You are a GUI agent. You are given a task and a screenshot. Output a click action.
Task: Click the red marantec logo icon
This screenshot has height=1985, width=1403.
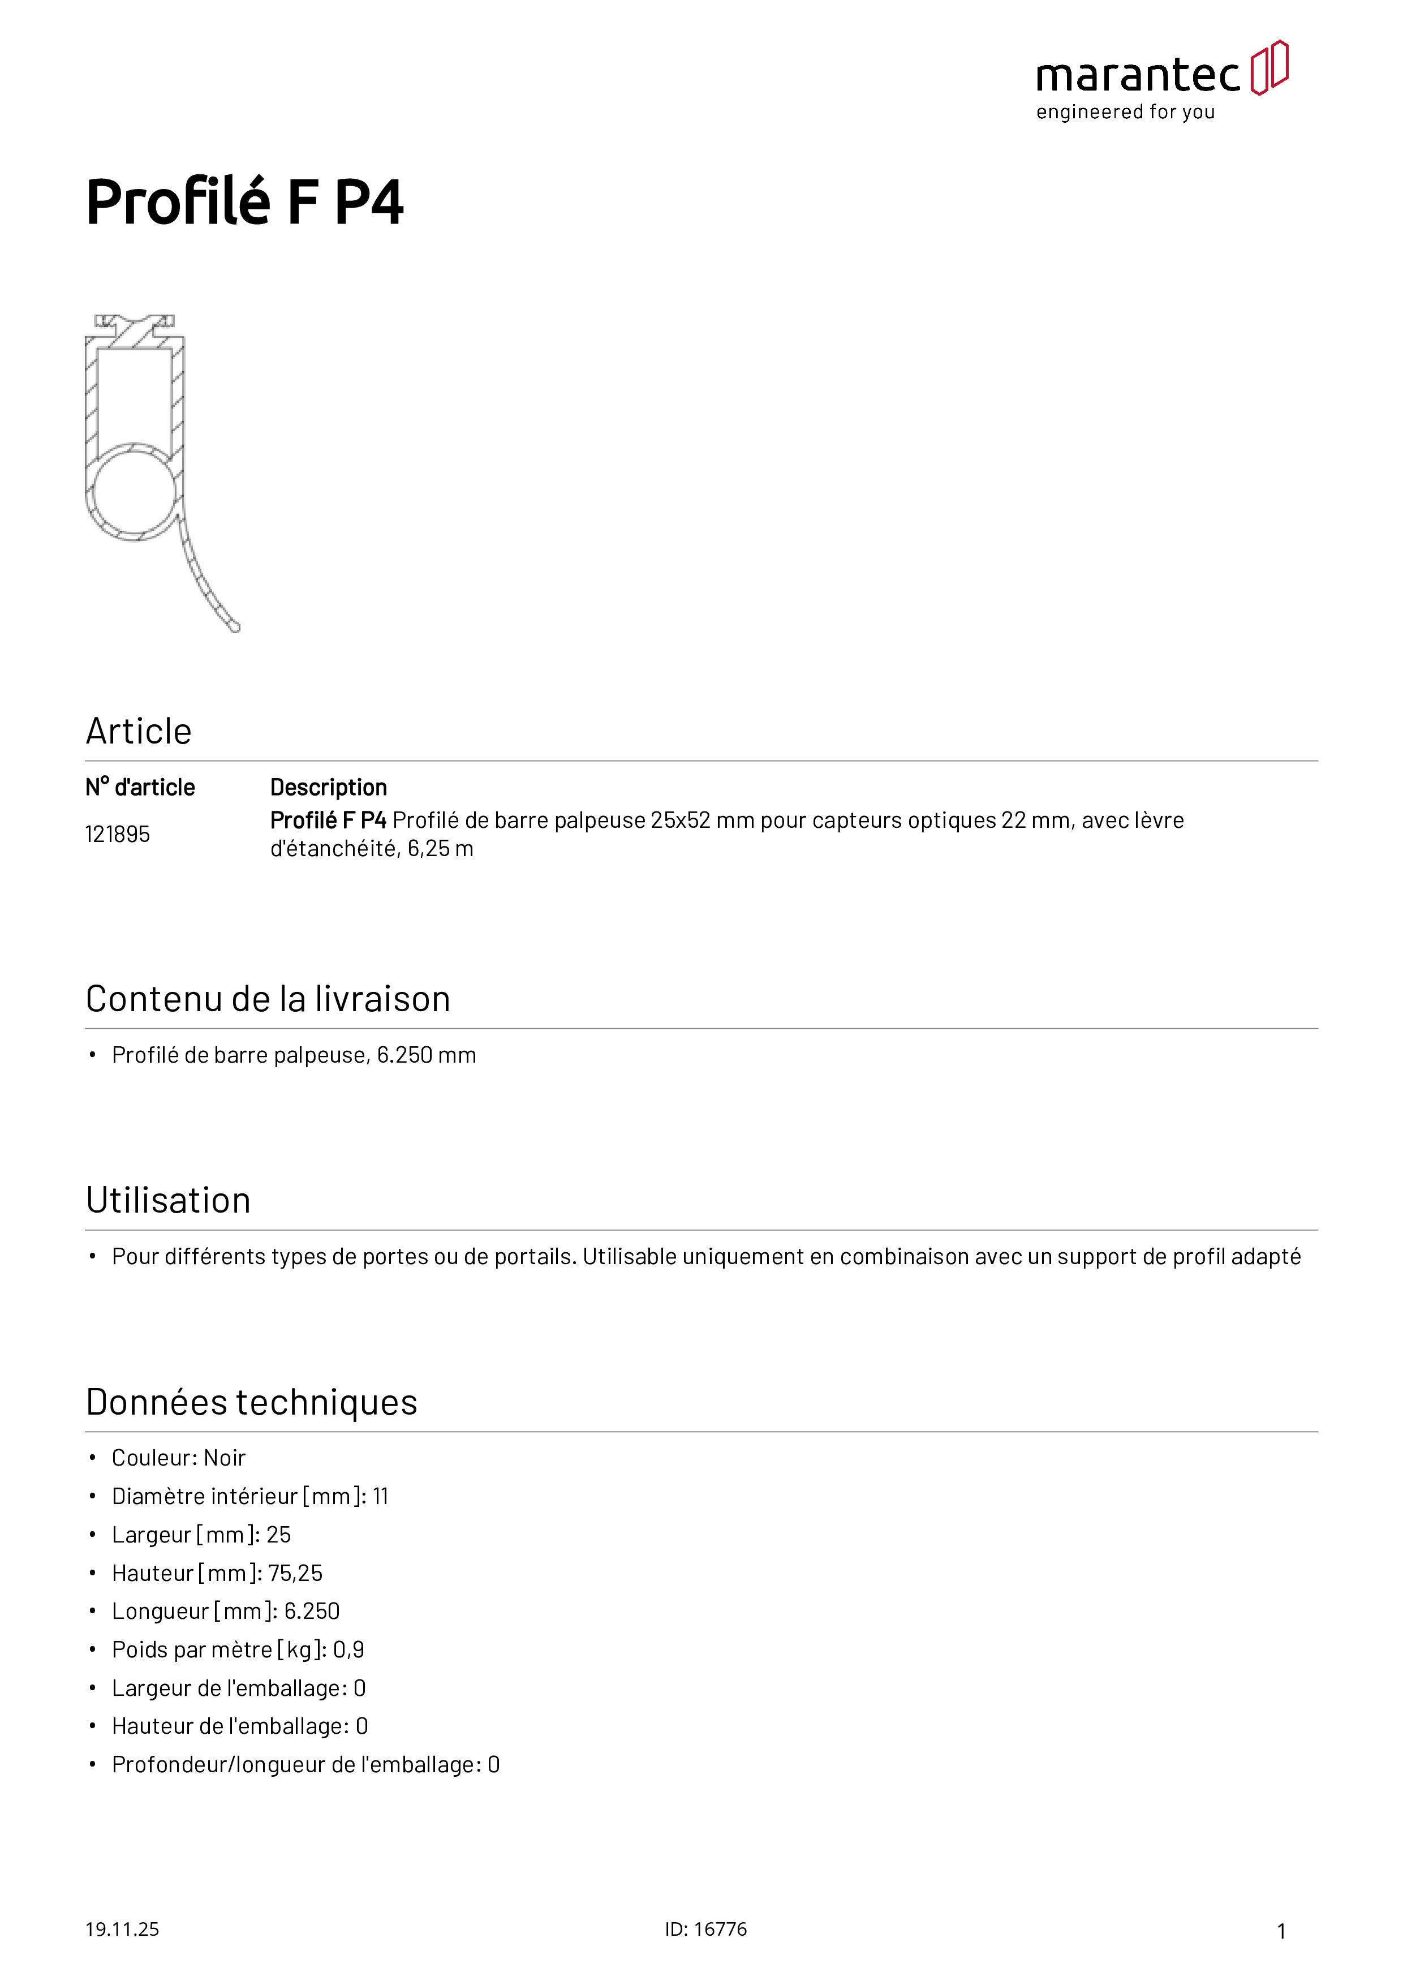tap(1269, 67)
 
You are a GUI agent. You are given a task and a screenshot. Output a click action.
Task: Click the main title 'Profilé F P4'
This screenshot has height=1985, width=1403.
tap(244, 203)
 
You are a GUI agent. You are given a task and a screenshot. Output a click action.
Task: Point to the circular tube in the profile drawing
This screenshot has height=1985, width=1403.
tap(134, 492)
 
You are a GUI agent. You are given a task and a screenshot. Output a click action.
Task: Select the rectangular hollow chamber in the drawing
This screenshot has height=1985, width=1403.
tap(134, 398)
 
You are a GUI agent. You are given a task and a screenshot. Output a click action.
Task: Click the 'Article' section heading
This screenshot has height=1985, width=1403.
tap(138, 732)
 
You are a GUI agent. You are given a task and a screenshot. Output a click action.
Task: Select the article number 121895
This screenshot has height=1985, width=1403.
tap(118, 834)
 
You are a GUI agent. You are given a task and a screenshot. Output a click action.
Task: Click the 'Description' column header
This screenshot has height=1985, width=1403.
tap(329, 788)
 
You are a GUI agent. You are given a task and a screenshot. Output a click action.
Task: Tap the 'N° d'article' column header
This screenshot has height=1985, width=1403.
tap(140, 788)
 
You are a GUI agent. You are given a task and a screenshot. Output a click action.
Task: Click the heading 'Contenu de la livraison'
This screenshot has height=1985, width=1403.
tap(268, 999)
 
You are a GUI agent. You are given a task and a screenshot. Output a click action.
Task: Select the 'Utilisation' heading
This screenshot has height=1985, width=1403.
tap(169, 1201)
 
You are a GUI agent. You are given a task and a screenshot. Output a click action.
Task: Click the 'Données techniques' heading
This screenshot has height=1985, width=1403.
tap(252, 1402)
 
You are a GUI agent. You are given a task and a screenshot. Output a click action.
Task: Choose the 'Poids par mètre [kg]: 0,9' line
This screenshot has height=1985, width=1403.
tap(238, 1649)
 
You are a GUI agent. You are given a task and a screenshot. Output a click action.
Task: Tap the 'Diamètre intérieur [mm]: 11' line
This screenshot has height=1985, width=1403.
tap(250, 1497)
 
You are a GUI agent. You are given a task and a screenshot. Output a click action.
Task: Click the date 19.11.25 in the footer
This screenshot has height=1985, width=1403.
tap(122, 1929)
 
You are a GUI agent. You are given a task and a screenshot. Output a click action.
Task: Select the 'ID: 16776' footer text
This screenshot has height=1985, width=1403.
tap(705, 1929)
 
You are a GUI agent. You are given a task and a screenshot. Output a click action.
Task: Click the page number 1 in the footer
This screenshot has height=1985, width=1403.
tap(1281, 1931)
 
